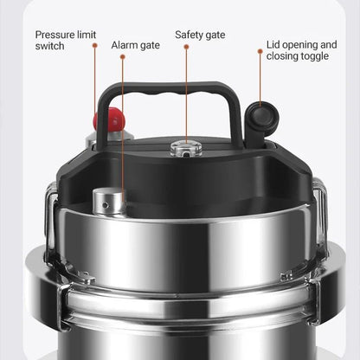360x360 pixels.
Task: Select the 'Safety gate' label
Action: click(200, 35)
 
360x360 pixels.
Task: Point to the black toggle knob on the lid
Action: click(261, 115)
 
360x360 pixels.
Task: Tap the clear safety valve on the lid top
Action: click(185, 147)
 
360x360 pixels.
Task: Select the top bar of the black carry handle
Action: click(168, 87)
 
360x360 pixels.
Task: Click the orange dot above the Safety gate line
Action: click(186, 47)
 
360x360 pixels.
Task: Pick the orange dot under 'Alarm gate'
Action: click(123, 57)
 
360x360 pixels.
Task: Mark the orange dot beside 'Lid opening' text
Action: click(260, 51)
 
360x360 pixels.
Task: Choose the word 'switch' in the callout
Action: click(50, 46)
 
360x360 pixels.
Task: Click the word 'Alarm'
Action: click(125, 44)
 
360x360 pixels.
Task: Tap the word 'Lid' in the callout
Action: click(274, 44)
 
